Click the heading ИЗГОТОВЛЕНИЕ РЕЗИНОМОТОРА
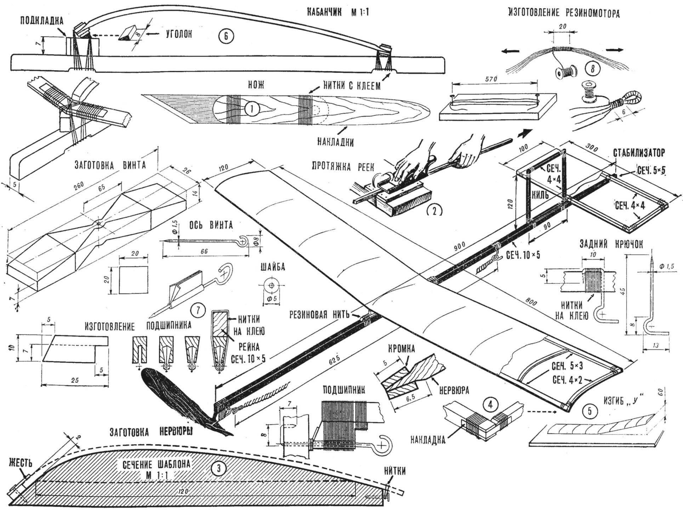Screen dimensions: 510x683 564,14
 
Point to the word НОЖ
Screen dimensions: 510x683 256,86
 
